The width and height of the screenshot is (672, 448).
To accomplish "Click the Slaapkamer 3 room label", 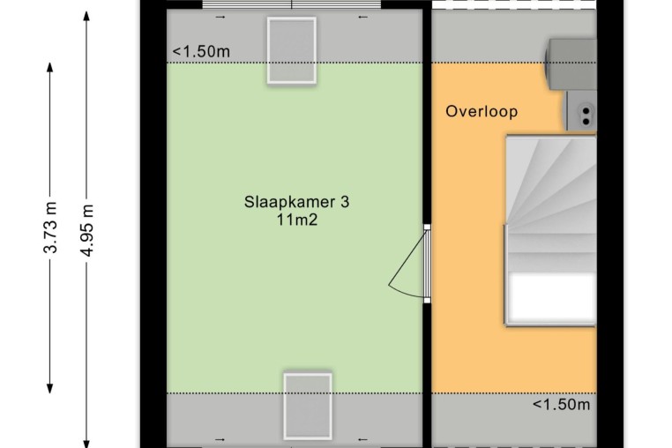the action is [296, 201].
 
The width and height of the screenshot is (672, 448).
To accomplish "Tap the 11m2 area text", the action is [296, 220].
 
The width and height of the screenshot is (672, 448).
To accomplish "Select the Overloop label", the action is [482, 111].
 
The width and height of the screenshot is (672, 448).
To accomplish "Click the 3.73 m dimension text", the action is [50, 228].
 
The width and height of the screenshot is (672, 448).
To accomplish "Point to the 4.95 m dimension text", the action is [87, 230].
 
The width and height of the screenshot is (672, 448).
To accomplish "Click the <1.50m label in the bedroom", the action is [201, 52].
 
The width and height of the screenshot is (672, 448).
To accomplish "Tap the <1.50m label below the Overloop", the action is [561, 404].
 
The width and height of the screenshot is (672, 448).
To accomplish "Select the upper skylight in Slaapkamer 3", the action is [292, 50].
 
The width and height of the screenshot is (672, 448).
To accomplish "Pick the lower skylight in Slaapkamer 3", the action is [308, 406].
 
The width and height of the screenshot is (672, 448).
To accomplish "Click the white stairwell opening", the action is [552, 298].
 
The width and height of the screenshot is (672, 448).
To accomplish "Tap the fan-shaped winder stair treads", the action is [551, 184].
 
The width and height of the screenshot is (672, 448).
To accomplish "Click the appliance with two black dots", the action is [581, 110].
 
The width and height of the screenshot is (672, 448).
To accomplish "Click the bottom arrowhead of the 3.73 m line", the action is [49, 388].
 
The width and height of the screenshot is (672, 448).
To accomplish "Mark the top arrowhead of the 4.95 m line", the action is [86, 16].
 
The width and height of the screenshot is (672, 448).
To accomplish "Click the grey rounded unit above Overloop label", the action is [571, 64].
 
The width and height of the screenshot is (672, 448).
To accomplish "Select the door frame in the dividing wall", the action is [428, 264].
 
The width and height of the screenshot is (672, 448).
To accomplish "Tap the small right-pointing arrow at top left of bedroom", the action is [220, 17].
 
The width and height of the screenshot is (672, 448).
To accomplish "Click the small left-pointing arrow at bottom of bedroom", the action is [363, 439].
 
